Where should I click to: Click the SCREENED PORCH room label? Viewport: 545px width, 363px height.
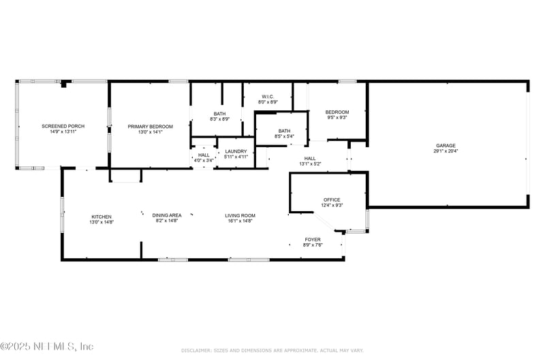63,126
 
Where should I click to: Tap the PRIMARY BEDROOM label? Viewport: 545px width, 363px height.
151,126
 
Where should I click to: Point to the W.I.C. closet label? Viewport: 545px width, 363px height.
268,97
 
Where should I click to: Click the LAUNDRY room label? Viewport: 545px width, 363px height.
236,151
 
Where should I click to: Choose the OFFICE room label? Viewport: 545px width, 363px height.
332,200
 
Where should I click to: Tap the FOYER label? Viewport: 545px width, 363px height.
313,239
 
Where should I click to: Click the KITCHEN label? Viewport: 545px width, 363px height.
102,217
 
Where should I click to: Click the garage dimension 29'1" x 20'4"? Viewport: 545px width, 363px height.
446,151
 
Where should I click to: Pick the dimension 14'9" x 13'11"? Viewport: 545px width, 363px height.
63,131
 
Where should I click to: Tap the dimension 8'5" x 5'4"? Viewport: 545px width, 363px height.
284,136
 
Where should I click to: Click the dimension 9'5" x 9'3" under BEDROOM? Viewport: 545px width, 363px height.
337,118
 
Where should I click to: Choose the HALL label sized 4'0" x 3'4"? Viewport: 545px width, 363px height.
204,155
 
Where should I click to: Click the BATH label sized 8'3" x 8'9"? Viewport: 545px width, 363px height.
219,114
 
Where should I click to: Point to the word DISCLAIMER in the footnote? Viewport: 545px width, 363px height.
196,350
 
